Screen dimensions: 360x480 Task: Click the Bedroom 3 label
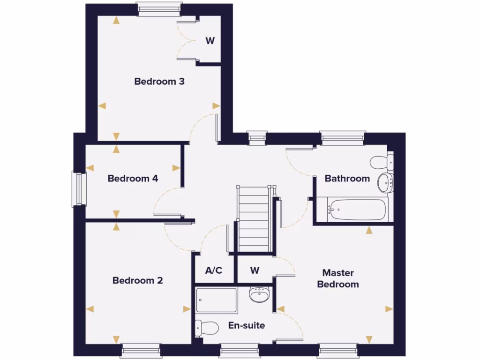click(x=159, y=82)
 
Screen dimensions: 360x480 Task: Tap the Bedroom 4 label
click(x=133, y=179)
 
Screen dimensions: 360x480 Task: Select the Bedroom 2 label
click(x=138, y=281)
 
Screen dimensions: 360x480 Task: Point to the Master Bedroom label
click(x=338, y=278)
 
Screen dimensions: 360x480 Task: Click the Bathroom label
click(x=347, y=179)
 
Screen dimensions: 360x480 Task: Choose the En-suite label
click(x=247, y=325)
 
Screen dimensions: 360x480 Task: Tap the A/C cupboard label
click(x=214, y=270)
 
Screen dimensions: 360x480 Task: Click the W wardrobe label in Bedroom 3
click(x=210, y=41)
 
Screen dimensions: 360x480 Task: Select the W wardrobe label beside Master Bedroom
click(x=255, y=270)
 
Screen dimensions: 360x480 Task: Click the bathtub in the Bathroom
click(x=358, y=210)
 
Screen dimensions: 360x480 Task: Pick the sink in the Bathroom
click(x=386, y=181)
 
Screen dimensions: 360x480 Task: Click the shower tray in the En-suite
click(x=217, y=300)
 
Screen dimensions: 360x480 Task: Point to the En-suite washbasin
click(x=259, y=295)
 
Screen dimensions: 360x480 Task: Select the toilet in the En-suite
click(x=206, y=327)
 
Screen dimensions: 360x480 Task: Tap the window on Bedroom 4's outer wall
click(x=79, y=189)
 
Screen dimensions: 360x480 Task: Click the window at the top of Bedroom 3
click(x=159, y=9)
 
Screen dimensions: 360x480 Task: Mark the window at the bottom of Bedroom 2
click(x=141, y=350)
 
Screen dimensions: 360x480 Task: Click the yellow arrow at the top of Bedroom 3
click(x=116, y=20)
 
